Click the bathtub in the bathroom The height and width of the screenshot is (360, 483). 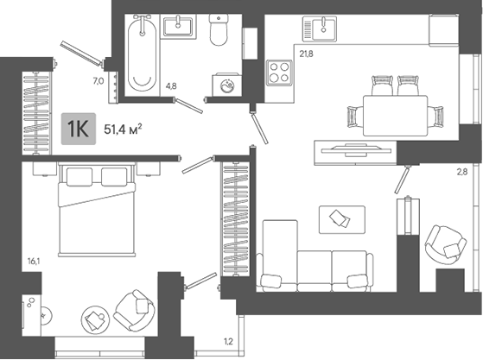(x=142, y=54)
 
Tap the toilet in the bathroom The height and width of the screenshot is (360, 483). (x=219, y=30)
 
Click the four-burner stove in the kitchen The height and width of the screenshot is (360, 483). (x=279, y=73)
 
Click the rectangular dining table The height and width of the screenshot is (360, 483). (x=395, y=116)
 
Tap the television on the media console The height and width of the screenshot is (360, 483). (x=356, y=150)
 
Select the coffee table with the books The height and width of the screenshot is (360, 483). (x=342, y=219)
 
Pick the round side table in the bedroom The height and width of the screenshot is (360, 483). (x=96, y=319)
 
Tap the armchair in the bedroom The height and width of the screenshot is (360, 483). (x=134, y=310)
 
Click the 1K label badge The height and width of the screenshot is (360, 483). (x=79, y=129)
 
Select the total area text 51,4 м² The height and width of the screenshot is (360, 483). (x=123, y=129)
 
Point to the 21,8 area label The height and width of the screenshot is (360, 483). (x=306, y=54)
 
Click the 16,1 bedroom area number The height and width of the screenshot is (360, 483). (x=34, y=262)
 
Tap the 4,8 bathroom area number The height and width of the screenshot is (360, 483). (x=171, y=86)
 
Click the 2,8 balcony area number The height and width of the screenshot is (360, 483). (x=461, y=172)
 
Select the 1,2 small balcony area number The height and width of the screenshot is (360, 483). (x=228, y=341)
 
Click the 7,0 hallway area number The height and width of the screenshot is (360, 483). (x=99, y=81)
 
